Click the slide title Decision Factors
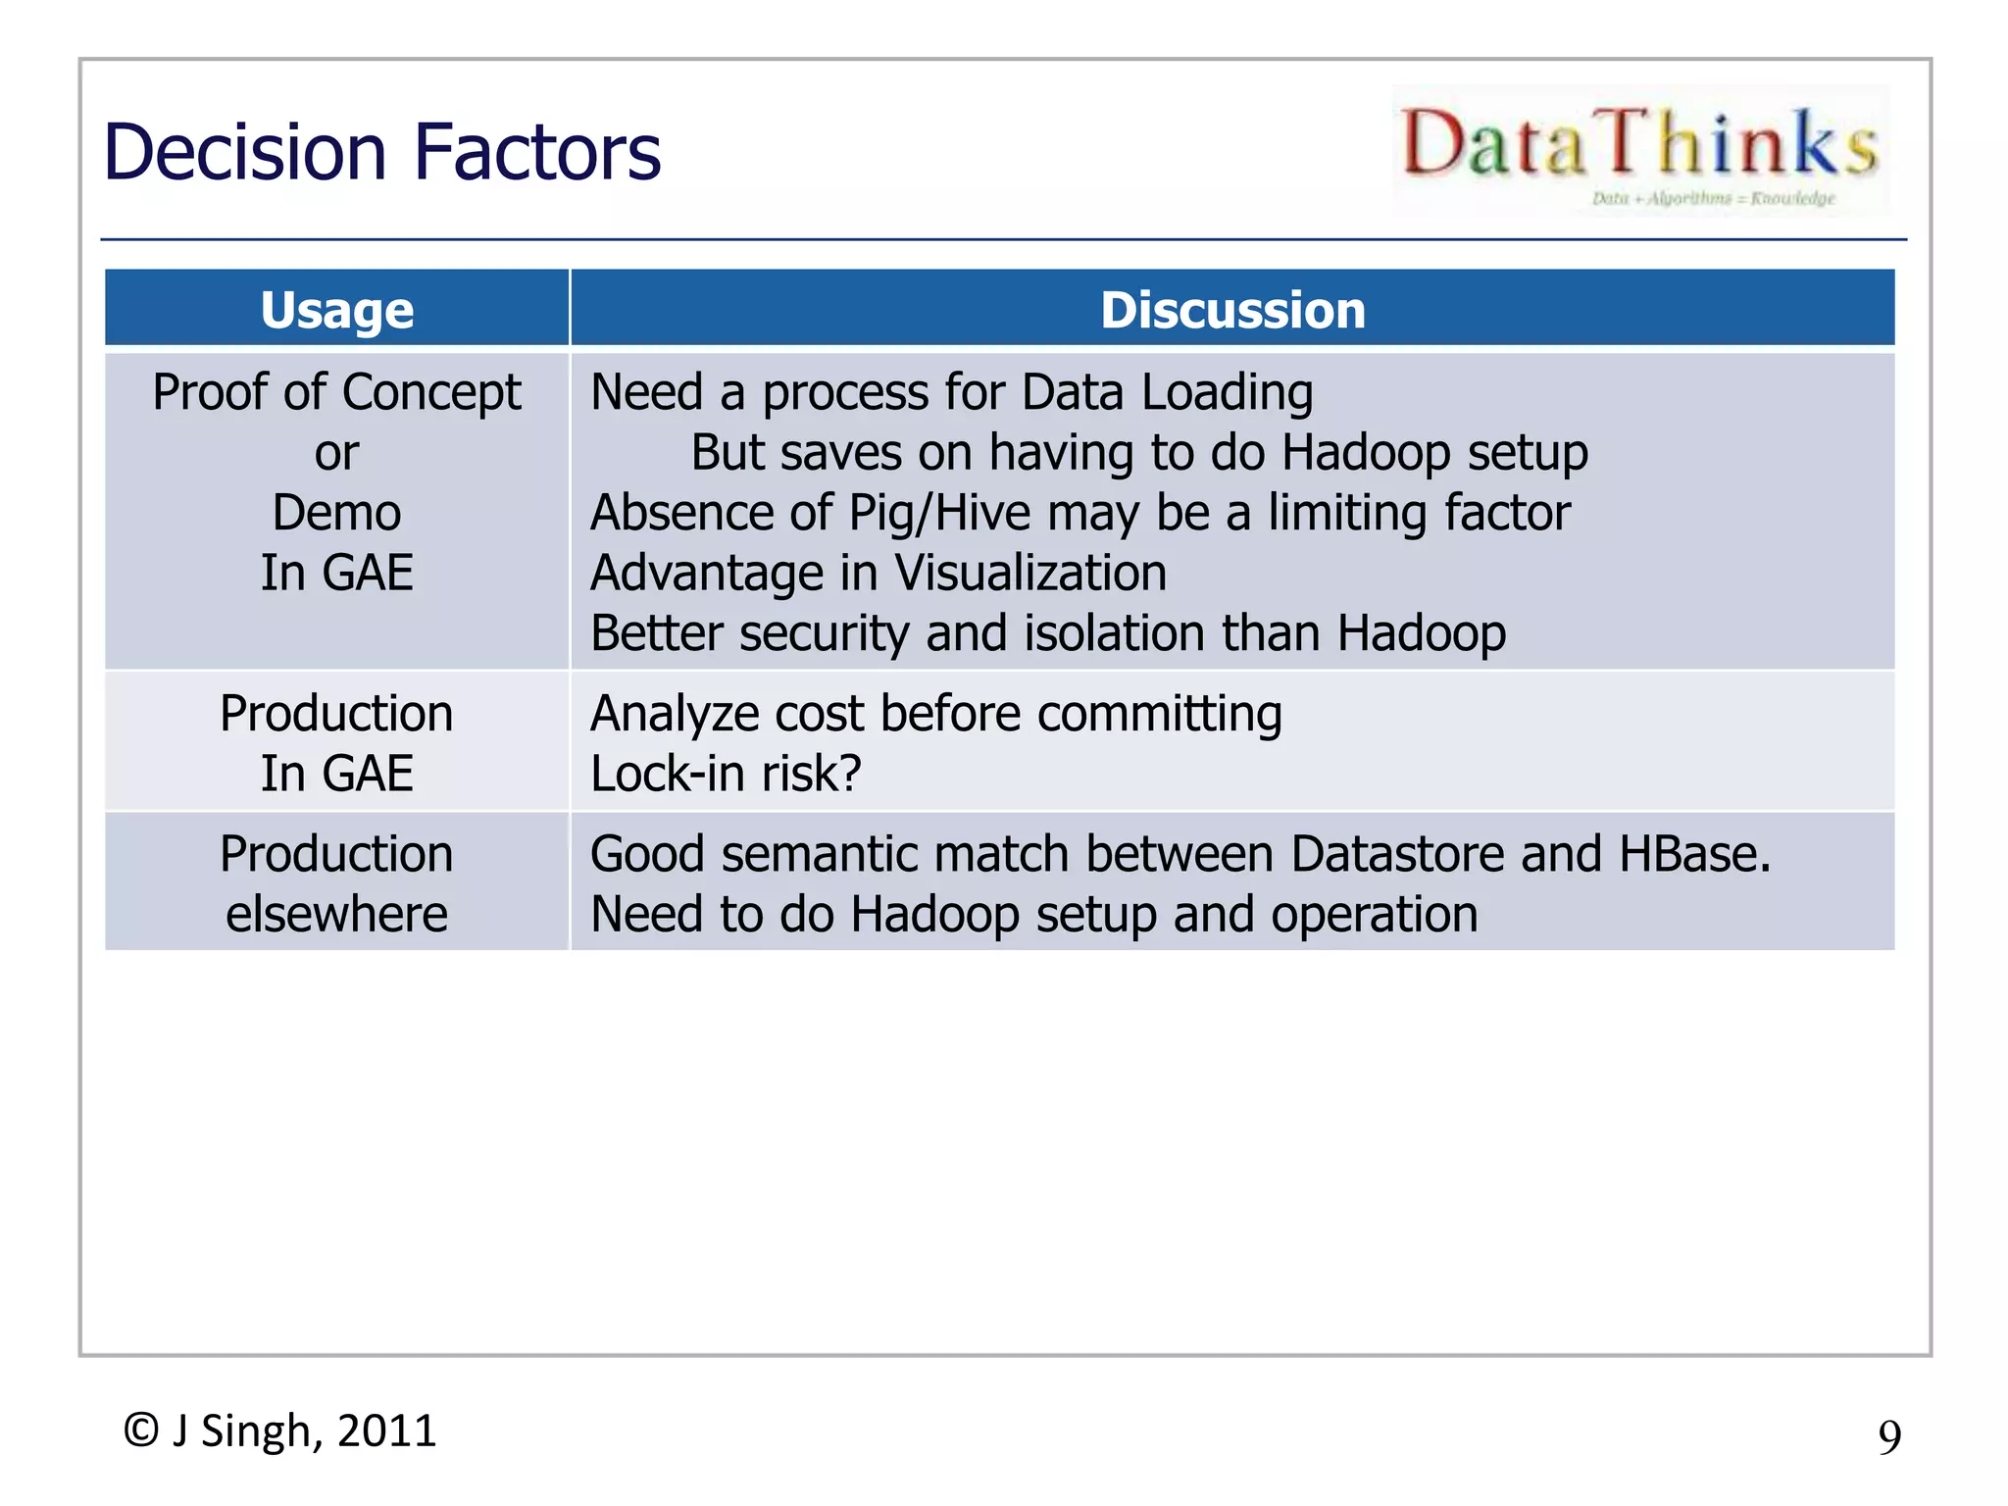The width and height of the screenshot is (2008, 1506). point(381,153)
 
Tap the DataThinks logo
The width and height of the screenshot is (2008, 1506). point(1639,151)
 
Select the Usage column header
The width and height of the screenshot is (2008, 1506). point(336,310)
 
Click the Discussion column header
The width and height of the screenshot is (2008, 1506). point(1232,310)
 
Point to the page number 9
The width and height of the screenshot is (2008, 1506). point(1888,1437)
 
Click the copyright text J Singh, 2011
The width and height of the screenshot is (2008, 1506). point(279,1431)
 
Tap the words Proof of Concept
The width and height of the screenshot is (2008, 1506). point(336,393)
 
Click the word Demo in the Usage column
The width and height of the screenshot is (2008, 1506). point(336,513)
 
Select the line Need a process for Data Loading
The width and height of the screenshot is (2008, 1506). point(951,393)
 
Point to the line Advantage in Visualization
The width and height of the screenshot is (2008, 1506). point(878,574)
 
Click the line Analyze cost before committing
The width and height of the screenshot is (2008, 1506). point(935,714)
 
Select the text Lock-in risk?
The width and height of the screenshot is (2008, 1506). point(726,774)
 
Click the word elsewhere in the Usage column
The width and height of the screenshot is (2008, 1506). point(336,915)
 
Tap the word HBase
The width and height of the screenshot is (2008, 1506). point(1694,854)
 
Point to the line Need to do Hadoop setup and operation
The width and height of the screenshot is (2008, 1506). point(1033,915)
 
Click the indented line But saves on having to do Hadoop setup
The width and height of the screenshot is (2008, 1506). point(1138,453)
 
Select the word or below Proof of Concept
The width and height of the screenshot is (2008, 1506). point(336,454)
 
